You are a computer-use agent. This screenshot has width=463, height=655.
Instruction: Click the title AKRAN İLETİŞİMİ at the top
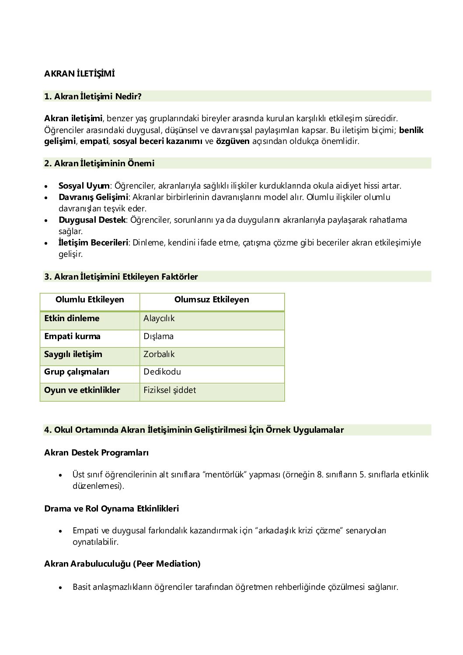pyautogui.click(x=79, y=74)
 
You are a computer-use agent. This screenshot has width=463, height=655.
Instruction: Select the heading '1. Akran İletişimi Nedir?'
pyautogui.click(x=93, y=96)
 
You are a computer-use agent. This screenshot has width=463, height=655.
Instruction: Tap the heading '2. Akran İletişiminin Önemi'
pyautogui.click(x=99, y=163)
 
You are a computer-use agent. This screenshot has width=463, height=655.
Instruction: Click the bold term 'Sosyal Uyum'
pyautogui.click(x=84, y=186)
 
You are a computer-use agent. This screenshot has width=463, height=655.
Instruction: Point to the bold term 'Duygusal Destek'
pyautogui.click(x=92, y=220)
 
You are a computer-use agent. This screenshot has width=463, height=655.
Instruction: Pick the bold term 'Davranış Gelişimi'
pyautogui.click(x=93, y=197)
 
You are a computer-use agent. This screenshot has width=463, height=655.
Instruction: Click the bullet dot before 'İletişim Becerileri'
pyautogui.click(x=46, y=243)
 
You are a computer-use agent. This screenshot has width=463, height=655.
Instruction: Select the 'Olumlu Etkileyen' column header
pyautogui.click(x=90, y=300)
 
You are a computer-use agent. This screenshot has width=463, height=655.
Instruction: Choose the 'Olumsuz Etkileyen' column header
pyautogui.click(x=212, y=300)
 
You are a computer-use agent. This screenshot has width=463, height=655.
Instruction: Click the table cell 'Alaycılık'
pyautogui.click(x=159, y=319)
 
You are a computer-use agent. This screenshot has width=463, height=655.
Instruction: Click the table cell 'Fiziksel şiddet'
pyautogui.click(x=170, y=390)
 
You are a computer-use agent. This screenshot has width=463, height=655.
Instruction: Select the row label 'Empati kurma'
pyautogui.click(x=72, y=336)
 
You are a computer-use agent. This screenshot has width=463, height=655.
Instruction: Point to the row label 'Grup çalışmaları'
pyautogui.click(x=77, y=372)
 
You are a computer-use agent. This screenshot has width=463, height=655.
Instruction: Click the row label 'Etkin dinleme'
pyautogui.click(x=72, y=319)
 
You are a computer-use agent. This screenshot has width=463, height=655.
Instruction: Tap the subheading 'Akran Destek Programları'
pyautogui.click(x=96, y=453)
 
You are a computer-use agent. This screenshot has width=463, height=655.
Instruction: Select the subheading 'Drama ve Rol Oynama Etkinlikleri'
pyautogui.click(x=111, y=509)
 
